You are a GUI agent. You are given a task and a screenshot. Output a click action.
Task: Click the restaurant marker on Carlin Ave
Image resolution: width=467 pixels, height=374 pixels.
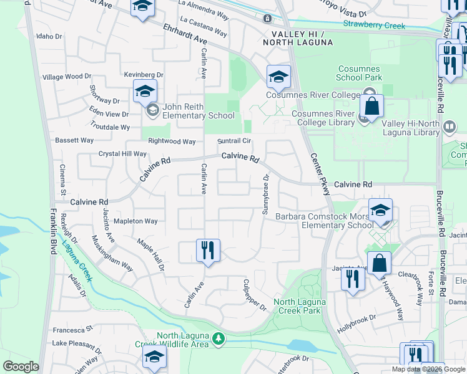[208, 251]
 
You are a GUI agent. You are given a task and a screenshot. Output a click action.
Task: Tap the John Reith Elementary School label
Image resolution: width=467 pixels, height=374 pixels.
[199, 111]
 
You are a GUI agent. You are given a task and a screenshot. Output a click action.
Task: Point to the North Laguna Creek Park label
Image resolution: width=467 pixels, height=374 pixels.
[297, 306]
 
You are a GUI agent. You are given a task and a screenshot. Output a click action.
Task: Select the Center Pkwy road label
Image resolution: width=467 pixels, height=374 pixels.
[319, 171]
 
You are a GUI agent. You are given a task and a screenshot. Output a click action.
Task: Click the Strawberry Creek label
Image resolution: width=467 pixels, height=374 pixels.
[374, 26]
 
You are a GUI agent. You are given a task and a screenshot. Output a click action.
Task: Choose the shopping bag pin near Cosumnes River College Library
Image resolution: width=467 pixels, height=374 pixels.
[371, 107]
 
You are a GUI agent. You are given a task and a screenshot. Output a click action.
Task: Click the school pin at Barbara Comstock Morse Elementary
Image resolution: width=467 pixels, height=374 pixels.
[380, 211]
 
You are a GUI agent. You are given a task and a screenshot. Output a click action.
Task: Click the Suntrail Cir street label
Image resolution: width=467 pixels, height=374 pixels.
[234, 141]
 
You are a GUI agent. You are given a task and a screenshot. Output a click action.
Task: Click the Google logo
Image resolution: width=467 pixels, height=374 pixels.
[21, 367]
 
